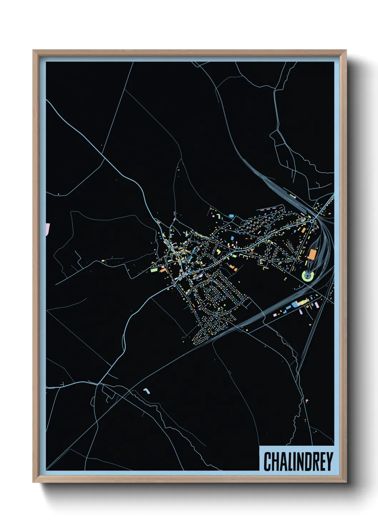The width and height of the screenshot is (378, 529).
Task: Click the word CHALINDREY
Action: [x=298, y=461]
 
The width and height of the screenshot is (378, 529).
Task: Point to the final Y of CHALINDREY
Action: [x=329, y=461]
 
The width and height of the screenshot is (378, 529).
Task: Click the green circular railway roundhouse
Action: [x=308, y=275]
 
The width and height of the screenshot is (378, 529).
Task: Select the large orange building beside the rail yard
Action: [x=312, y=254]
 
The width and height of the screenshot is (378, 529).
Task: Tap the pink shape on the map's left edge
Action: [x=48, y=229]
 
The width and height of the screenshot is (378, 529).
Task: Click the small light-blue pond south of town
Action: [x=146, y=391]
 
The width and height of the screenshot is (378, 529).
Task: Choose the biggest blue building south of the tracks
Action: [x=295, y=304]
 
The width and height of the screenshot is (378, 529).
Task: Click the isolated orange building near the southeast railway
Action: [x=307, y=401]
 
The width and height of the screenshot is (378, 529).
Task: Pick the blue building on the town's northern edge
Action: [x=231, y=216]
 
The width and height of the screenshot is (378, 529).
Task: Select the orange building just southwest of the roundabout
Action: [x=304, y=231]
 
